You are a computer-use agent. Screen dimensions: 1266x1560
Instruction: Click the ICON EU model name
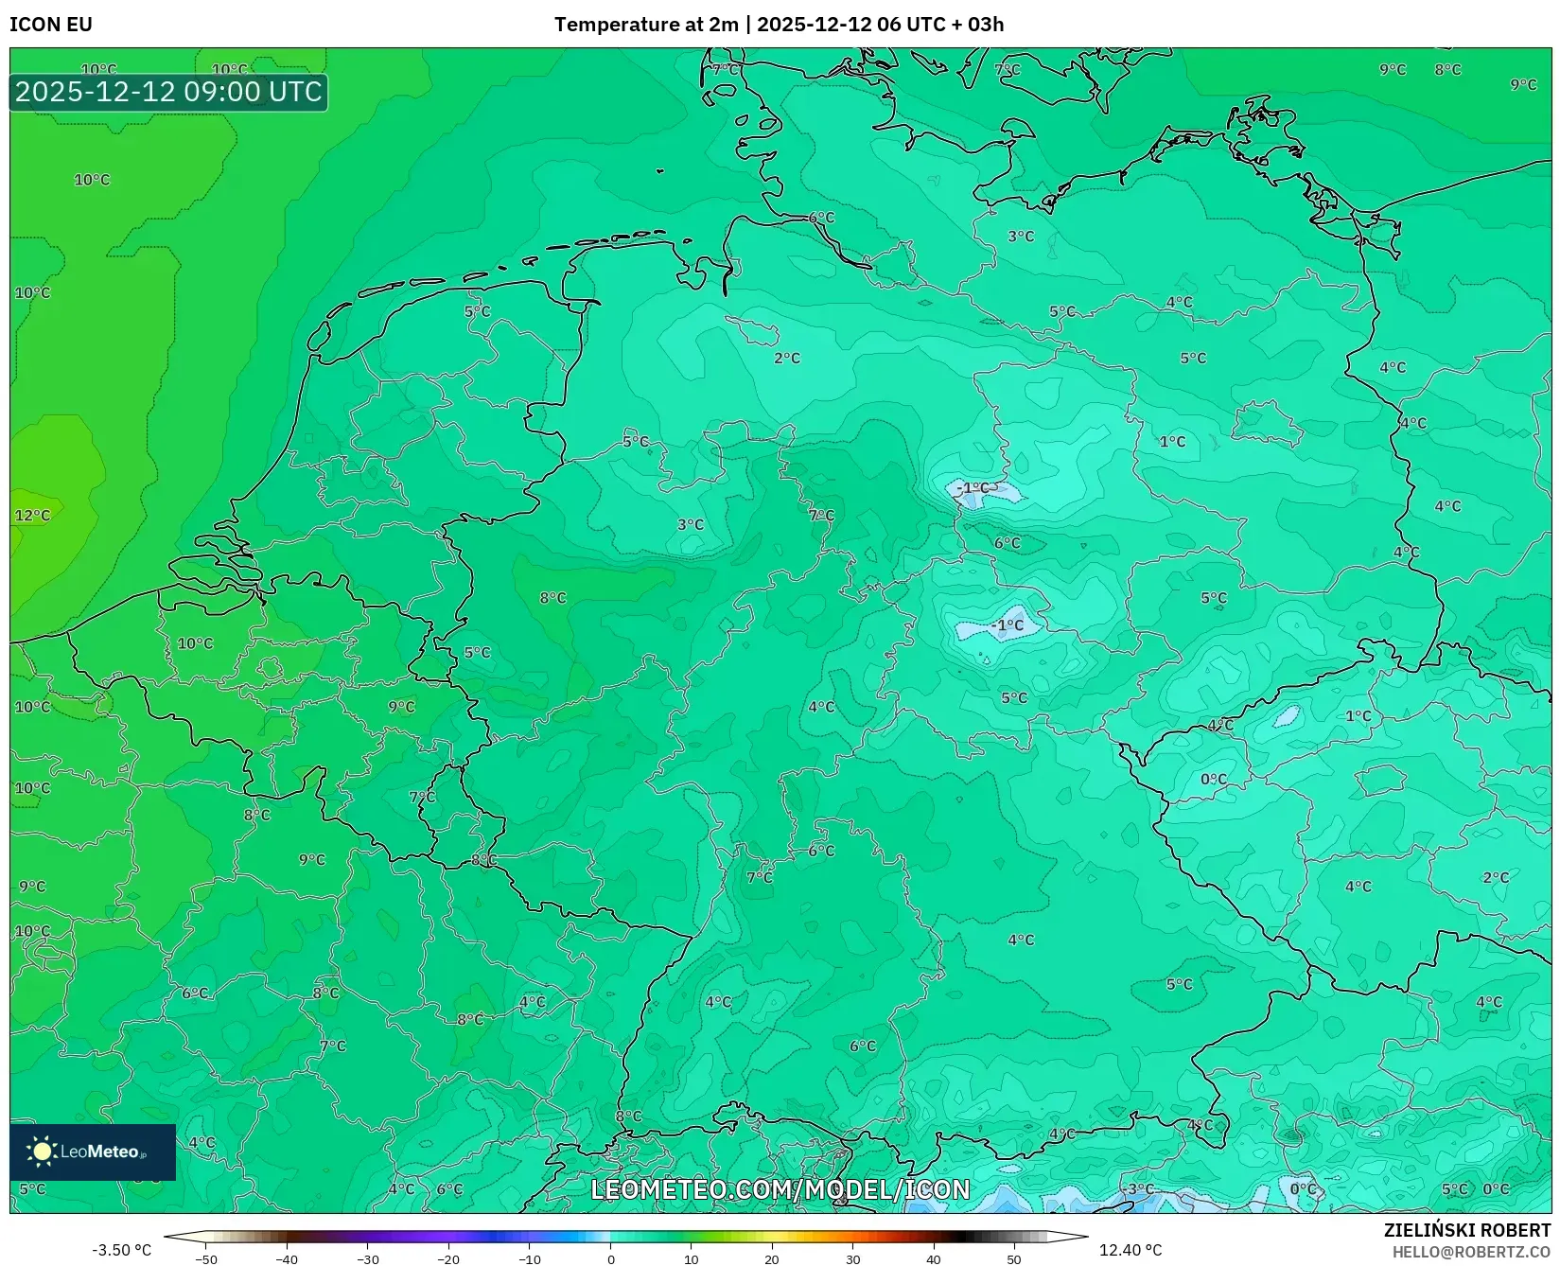(x=51, y=25)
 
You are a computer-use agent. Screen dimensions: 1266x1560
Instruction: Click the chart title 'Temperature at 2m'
(x=646, y=25)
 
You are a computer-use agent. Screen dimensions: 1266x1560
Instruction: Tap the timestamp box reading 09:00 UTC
(x=168, y=92)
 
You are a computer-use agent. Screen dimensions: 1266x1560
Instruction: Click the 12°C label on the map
(x=32, y=516)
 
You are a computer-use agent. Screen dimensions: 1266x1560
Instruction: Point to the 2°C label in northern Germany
(x=787, y=359)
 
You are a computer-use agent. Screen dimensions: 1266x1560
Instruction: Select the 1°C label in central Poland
(x=1172, y=442)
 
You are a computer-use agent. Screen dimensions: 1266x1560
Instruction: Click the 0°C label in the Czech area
(x=1214, y=780)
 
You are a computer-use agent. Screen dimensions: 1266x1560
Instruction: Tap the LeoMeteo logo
(x=93, y=1152)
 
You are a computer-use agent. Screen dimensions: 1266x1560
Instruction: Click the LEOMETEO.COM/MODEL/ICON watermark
(x=780, y=1189)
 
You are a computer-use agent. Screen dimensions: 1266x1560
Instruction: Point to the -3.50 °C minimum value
(x=121, y=1250)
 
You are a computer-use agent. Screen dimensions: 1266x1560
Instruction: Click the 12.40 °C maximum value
(x=1131, y=1250)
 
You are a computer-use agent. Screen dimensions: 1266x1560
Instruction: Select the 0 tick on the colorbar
(x=611, y=1259)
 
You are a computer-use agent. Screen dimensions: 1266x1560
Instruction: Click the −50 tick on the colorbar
(x=205, y=1259)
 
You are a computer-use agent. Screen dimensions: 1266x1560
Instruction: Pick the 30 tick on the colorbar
(x=853, y=1259)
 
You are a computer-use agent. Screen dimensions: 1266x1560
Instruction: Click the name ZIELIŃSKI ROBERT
(x=1467, y=1230)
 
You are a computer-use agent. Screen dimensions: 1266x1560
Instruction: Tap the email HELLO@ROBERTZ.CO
(x=1471, y=1252)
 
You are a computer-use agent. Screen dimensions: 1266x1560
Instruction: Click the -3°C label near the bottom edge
(x=1139, y=1189)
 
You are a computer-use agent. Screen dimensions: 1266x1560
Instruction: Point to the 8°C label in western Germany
(x=552, y=598)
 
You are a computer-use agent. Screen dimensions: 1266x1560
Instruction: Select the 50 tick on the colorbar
(x=1014, y=1259)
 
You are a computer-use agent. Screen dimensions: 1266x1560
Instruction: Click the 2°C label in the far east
(x=1496, y=878)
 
